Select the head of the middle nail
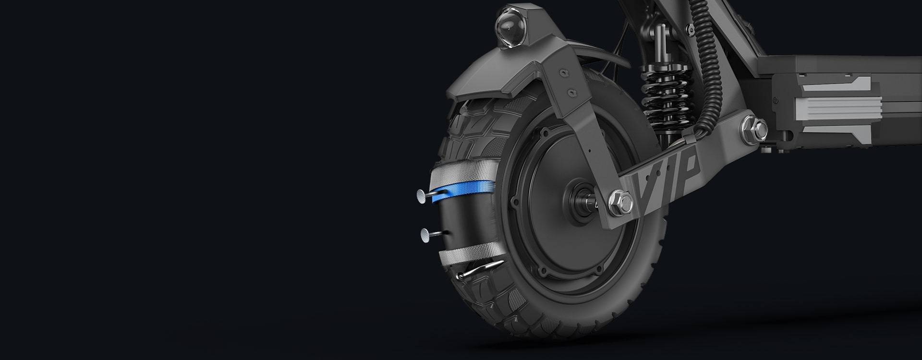point(89,234)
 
